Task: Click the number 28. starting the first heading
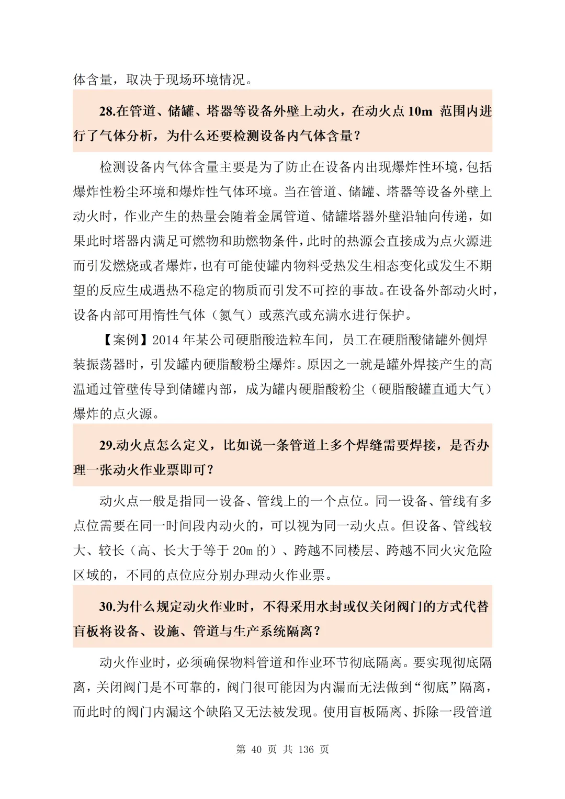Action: [x=107, y=111]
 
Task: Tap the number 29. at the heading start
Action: [x=107, y=445]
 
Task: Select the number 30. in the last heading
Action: [x=107, y=606]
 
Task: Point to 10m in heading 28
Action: [x=420, y=111]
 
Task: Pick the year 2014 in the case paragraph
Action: [x=165, y=340]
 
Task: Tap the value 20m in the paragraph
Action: [x=243, y=550]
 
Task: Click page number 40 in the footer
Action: [x=256, y=749]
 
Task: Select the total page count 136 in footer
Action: [x=306, y=749]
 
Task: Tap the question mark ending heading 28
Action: [x=357, y=136]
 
